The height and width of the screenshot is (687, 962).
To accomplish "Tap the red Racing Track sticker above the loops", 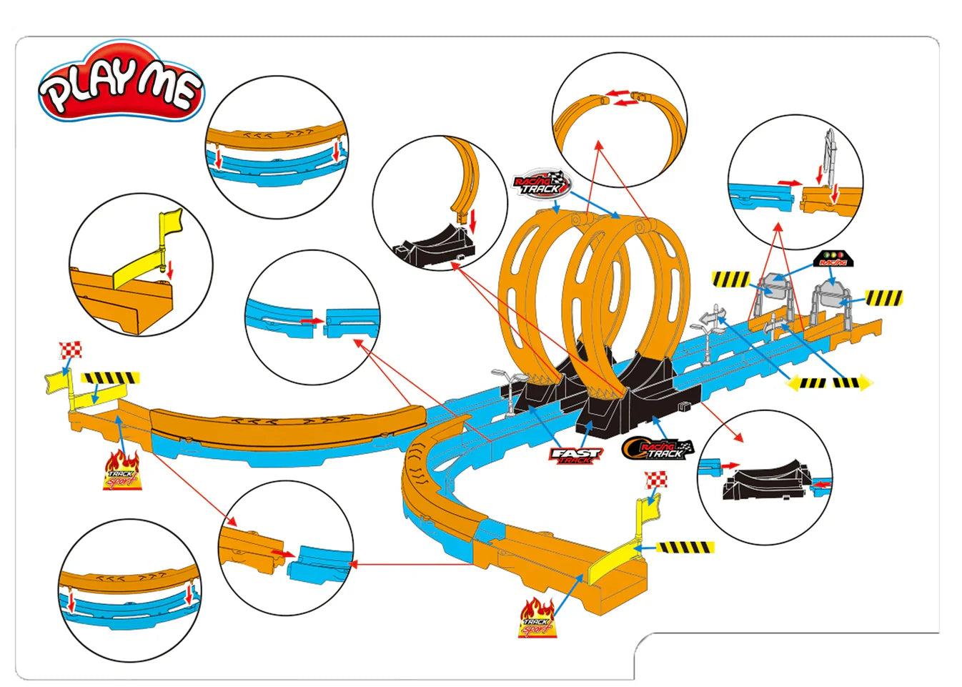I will tap(542, 184).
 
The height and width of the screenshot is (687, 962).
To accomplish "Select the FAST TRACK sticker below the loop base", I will tap(576, 455).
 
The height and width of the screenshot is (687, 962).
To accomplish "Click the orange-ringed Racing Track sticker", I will tap(658, 449).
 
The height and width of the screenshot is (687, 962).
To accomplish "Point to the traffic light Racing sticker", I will tap(833, 259).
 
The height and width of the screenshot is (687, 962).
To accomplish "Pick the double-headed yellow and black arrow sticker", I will tap(829, 383).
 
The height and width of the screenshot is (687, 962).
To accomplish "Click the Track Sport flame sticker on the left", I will tap(122, 470).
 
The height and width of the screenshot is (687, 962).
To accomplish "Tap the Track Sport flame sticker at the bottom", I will tap(537, 617).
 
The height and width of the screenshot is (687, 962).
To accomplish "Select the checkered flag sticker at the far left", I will tap(70, 350).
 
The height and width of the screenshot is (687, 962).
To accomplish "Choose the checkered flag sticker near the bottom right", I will tap(656, 480).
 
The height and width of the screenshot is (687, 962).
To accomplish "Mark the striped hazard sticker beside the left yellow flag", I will tap(110, 378).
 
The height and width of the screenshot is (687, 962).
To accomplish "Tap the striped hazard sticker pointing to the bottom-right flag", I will tap(685, 548).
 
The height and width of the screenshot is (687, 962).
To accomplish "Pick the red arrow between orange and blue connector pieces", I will tap(283, 553).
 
